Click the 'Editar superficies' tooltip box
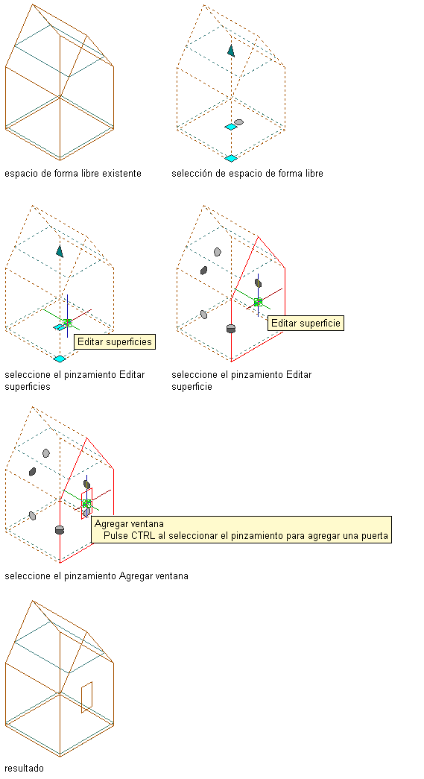[115, 342]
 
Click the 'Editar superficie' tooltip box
[306, 323]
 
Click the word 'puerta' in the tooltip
[375, 536]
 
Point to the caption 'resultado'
[25, 768]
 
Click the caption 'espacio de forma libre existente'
[73, 174]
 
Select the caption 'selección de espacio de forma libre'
[247, 174]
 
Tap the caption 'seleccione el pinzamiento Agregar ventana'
[96, 576]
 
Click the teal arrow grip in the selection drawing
[231, 50]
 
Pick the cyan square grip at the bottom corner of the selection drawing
[231, 158]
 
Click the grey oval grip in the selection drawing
[238, 122]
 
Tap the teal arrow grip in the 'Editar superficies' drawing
[60, 251]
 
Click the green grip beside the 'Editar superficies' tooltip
[68, 323]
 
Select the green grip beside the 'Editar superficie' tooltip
[258, 302]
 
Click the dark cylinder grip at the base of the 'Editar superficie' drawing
[230, 329]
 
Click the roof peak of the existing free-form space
[33, 4]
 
